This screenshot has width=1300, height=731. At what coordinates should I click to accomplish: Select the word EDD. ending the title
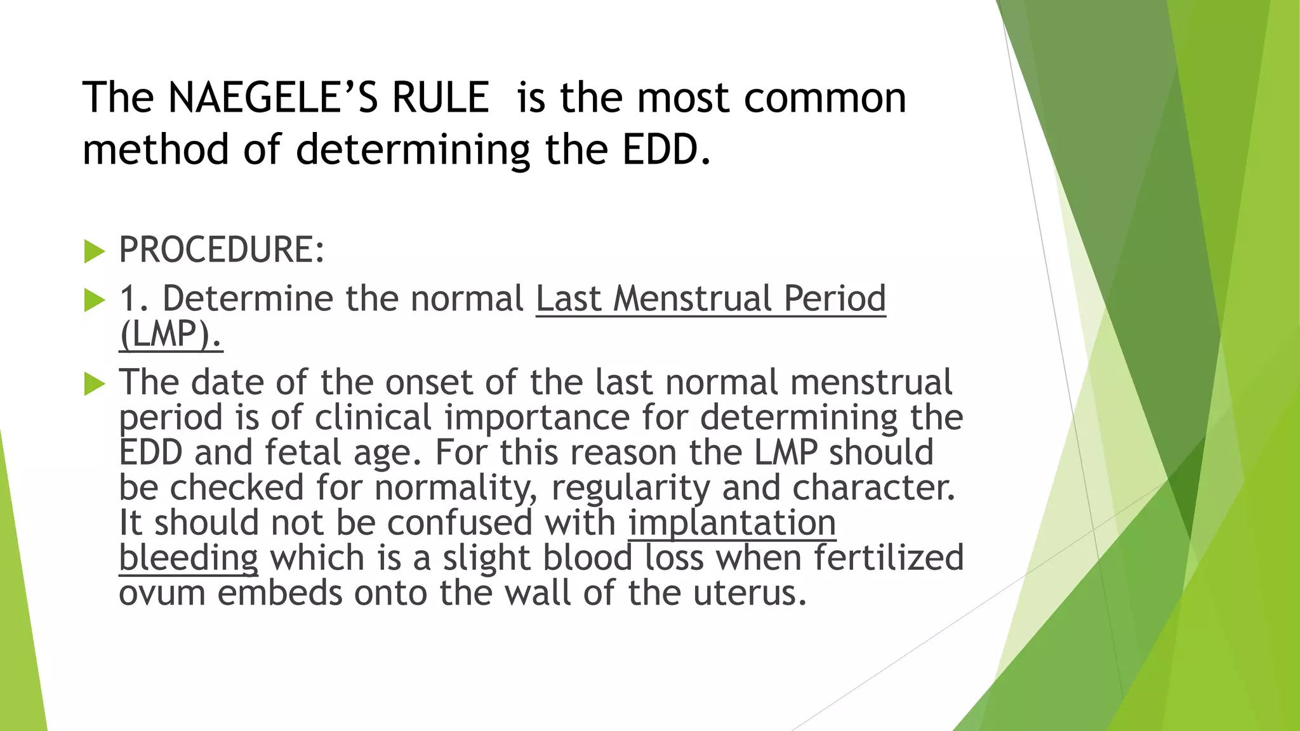point(667,150)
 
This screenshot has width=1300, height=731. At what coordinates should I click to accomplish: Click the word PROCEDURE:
point(222,249)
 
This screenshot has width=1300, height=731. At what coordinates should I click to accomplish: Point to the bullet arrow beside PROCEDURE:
point(94,252)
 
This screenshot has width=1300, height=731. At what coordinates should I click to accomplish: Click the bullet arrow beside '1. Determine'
point(94,300)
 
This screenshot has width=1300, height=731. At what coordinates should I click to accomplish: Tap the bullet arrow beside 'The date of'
point(94,383)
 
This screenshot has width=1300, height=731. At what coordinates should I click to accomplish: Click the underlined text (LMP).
point(170,334)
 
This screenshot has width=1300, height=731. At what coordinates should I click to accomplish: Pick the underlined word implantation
point(732,523)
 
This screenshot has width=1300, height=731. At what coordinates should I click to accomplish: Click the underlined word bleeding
point(189,558)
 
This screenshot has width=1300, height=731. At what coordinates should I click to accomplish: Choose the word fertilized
point(889,558)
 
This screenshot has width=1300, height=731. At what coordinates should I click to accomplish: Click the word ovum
point(162,593)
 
